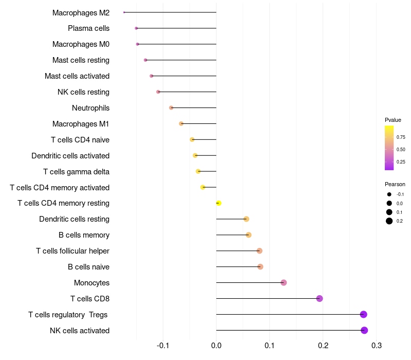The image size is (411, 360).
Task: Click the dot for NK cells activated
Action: click(x=364, y=330)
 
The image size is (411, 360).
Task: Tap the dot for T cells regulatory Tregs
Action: click(x=364, y=314)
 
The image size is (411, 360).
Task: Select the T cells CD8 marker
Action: click(x=320, y=298)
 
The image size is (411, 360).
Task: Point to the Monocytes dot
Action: click(x=284, y=282)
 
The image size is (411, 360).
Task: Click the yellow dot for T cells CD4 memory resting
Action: click(x=218, y=203)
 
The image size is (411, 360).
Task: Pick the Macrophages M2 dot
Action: click(x=124, y=12)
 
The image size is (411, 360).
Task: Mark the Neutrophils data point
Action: click(x=171, y=107)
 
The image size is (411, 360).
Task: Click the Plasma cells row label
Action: click(x=88, y=28)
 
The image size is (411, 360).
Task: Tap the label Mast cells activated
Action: click(x=77, y=76)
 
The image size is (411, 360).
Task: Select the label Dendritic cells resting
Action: click(x=74, y=219)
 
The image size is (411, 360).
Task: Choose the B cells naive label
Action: click(x=88, y=267)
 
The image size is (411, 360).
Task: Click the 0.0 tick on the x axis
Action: click(x=216, y=345)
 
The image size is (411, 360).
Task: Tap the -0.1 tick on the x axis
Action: click(x=163, y=345)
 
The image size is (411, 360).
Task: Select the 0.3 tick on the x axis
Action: click(x=376, y=345)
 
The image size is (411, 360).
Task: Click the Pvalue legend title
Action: click(x=393, y=120)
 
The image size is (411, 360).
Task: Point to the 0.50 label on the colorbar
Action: click(x=401, y=150)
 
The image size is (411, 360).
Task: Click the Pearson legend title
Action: click(x=395, y=184)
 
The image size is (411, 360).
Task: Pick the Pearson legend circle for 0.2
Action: click(x=389, y=221)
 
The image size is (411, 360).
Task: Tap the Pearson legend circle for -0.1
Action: click(x=389, y=194)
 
